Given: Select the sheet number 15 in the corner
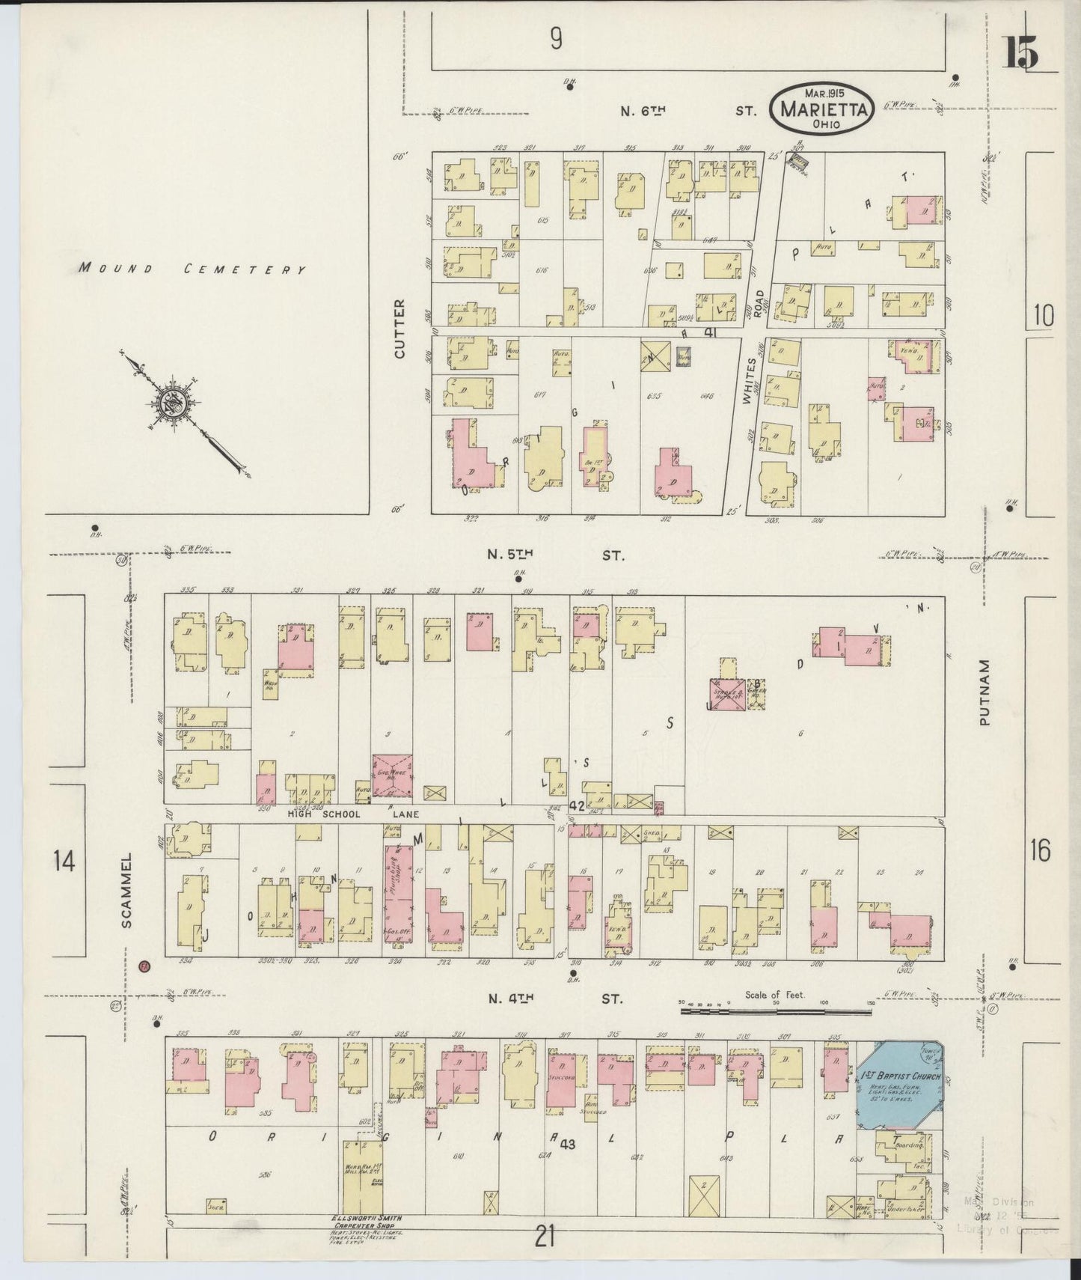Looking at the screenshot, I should pos(1020,52).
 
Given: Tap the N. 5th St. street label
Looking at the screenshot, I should pos(554,555).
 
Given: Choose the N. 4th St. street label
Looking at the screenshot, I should pos(554,999).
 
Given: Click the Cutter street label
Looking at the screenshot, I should pos(399,328).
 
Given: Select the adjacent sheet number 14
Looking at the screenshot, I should pos(64,862).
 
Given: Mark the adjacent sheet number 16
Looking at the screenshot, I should pos(1039,850).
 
